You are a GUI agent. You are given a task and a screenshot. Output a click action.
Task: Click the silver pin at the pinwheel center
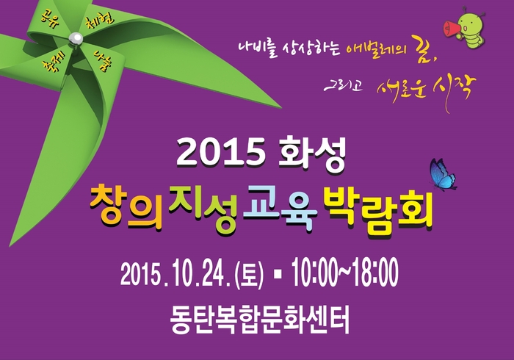pos(76,38)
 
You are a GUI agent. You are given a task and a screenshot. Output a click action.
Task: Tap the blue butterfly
pos(443,174)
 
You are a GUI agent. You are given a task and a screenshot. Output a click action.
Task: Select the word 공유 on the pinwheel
pos(49,18)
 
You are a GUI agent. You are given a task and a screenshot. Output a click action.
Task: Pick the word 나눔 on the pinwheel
pos(102,61)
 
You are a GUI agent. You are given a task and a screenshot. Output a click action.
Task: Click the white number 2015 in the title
pos(221,152)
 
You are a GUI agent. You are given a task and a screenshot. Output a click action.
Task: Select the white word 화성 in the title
pos(312,154)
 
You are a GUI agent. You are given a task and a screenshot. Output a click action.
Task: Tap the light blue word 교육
pos(280,207)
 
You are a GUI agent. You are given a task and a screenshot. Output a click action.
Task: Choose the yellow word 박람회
pos(378,209)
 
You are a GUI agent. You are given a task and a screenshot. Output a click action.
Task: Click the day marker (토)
pos(249,274)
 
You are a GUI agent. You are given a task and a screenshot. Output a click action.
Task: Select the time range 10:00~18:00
pos(345,272)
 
